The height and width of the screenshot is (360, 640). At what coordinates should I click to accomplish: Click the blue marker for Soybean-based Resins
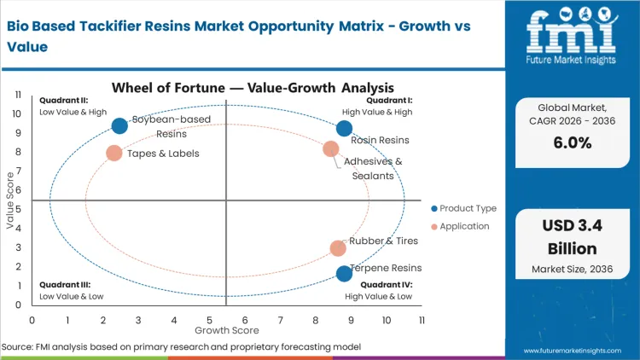point(119,125)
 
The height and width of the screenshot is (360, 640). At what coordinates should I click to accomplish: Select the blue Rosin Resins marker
point(344,129)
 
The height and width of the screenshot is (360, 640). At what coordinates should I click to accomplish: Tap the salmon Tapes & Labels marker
point(113,154)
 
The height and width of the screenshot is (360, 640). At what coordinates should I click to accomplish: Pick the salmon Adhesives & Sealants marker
point(331,149)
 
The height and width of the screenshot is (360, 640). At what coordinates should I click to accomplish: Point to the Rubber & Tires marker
point(338,248)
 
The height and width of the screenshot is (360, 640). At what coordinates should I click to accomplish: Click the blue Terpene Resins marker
point(344,274)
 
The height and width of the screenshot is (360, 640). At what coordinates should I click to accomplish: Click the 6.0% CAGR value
point(572,143)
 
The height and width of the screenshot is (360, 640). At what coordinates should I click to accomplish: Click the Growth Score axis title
point(226,329)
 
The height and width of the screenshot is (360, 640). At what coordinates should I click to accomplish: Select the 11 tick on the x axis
point(422,320)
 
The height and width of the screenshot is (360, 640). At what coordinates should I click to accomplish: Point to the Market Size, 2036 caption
point(572,270)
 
